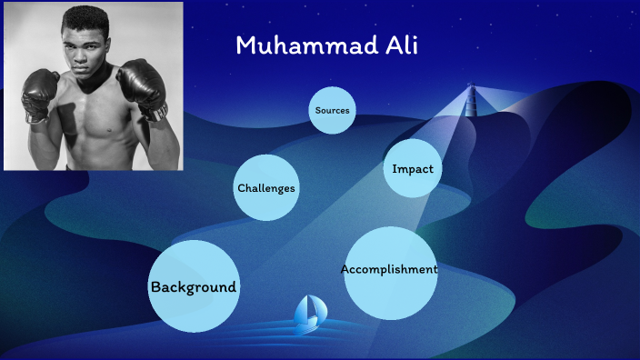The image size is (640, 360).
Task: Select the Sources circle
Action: (x=332, y=110)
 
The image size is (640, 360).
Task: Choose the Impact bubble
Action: (x=412, y=168)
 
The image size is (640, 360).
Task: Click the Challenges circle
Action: (x=266, y=188)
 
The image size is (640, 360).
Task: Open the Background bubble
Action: (x=193, y=286)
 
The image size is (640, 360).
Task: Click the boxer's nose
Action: (x=88, y=54)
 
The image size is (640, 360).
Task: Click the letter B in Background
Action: (x=155, y=286)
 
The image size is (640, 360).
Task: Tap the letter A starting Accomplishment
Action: (x=345, y=269)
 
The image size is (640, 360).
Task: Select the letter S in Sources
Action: (x=317, y=110)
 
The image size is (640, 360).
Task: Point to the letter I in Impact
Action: (x=395, y=168)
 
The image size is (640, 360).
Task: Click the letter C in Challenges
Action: (x=241, y=188)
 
